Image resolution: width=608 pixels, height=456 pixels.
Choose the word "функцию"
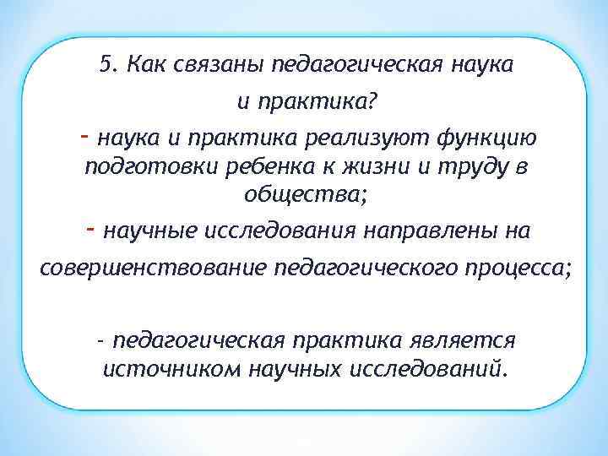[490, 138]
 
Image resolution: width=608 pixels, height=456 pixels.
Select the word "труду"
[468, 167]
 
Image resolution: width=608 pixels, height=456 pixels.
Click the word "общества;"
[305, 195]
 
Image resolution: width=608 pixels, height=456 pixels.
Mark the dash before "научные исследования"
[90, 229]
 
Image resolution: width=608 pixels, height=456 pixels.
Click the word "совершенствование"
[153, 268]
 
